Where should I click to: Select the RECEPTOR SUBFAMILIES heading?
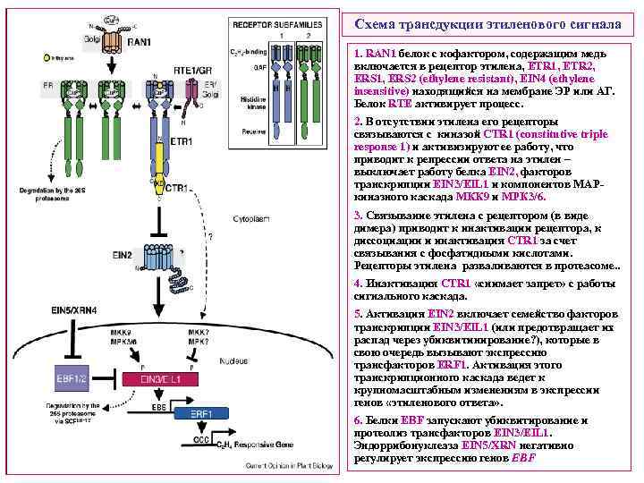tap(284, 21)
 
